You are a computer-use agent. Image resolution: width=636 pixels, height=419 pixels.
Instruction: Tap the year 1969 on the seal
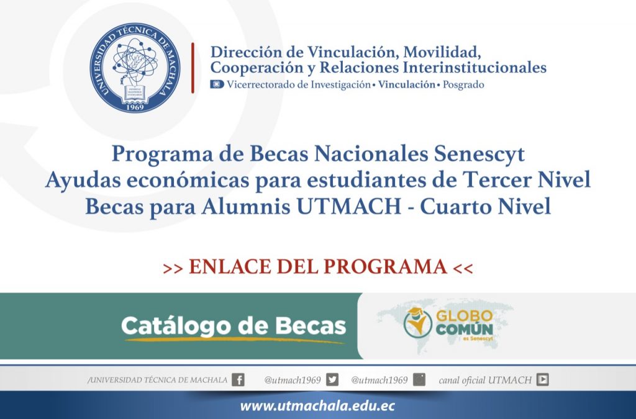click(x=135, y=107)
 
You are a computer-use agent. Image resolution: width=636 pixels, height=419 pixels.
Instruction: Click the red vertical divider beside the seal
click(x=193, y=68)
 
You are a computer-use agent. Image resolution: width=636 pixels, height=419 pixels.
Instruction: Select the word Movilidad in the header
click(x=443, y=50)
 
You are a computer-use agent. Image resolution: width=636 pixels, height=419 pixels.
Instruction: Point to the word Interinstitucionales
click(x=475, y=66)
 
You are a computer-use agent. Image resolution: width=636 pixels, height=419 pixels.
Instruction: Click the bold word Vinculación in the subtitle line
click(x=406, y=84)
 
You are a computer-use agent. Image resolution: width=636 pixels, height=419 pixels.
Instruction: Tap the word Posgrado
click(x=463, y=84)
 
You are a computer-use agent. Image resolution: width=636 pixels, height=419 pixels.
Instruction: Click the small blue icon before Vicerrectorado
click(x=217, y=84)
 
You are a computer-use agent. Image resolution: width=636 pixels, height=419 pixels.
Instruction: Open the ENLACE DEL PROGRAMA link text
click(x=317, y=266)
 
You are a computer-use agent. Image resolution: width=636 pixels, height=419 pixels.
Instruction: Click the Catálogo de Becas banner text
click(x=233, y=325)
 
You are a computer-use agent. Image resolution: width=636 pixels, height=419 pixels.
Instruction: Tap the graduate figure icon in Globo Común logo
click(x=417, y=323)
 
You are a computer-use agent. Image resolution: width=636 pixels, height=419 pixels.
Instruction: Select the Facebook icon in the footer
click(x=238, y=380)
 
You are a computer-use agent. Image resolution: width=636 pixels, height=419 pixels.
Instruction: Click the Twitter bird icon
click(x=332, y=380)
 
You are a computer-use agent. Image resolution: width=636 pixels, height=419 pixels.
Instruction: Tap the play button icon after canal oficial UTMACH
click(x=543, y=380)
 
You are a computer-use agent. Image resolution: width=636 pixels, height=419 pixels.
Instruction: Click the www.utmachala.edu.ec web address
click(x=317, y=407)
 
